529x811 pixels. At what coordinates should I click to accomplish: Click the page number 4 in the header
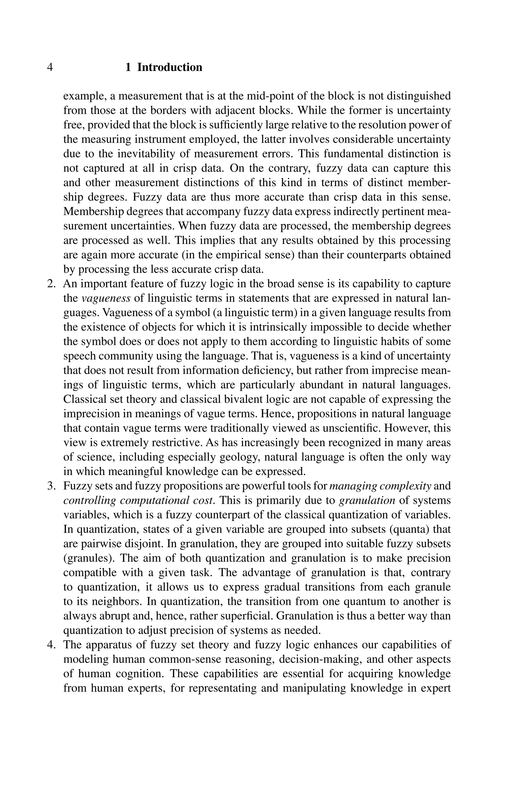(x=50, y=67)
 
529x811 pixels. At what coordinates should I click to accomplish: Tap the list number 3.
(x=51, y=486)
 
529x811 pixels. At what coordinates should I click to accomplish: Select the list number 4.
(x=51, y=645)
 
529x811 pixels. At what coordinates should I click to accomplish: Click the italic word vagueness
(x=106, y=298)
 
